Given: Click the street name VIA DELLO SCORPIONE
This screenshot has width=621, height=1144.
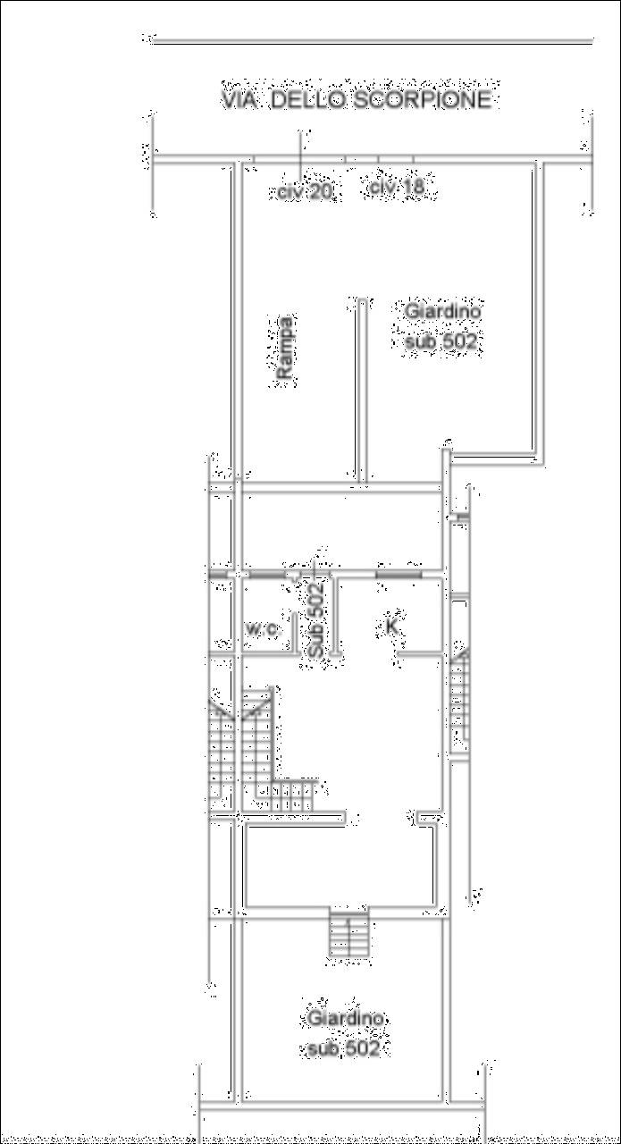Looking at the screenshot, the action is (357, 99).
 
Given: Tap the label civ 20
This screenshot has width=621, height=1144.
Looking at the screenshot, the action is (306, 192).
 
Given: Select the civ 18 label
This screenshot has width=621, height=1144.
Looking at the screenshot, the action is (398, 187).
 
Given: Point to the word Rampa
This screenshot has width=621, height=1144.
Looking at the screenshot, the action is (285, 348).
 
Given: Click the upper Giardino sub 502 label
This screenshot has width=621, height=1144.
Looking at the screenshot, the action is (442, 325).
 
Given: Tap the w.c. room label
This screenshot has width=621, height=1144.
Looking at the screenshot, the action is (263, 630).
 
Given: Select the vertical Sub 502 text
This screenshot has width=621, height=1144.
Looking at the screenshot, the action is (316, 619).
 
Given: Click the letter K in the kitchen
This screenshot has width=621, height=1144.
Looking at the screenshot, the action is (391, 627).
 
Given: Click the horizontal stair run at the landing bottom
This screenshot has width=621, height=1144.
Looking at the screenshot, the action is (292, 795).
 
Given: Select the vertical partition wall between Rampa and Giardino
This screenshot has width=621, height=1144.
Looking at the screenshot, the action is (362, 391).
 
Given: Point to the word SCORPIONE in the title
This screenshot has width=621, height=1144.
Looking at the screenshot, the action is (423, 99).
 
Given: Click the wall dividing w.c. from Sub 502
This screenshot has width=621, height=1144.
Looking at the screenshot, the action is (295, 632).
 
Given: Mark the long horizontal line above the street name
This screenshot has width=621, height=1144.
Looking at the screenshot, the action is (373, 42).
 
